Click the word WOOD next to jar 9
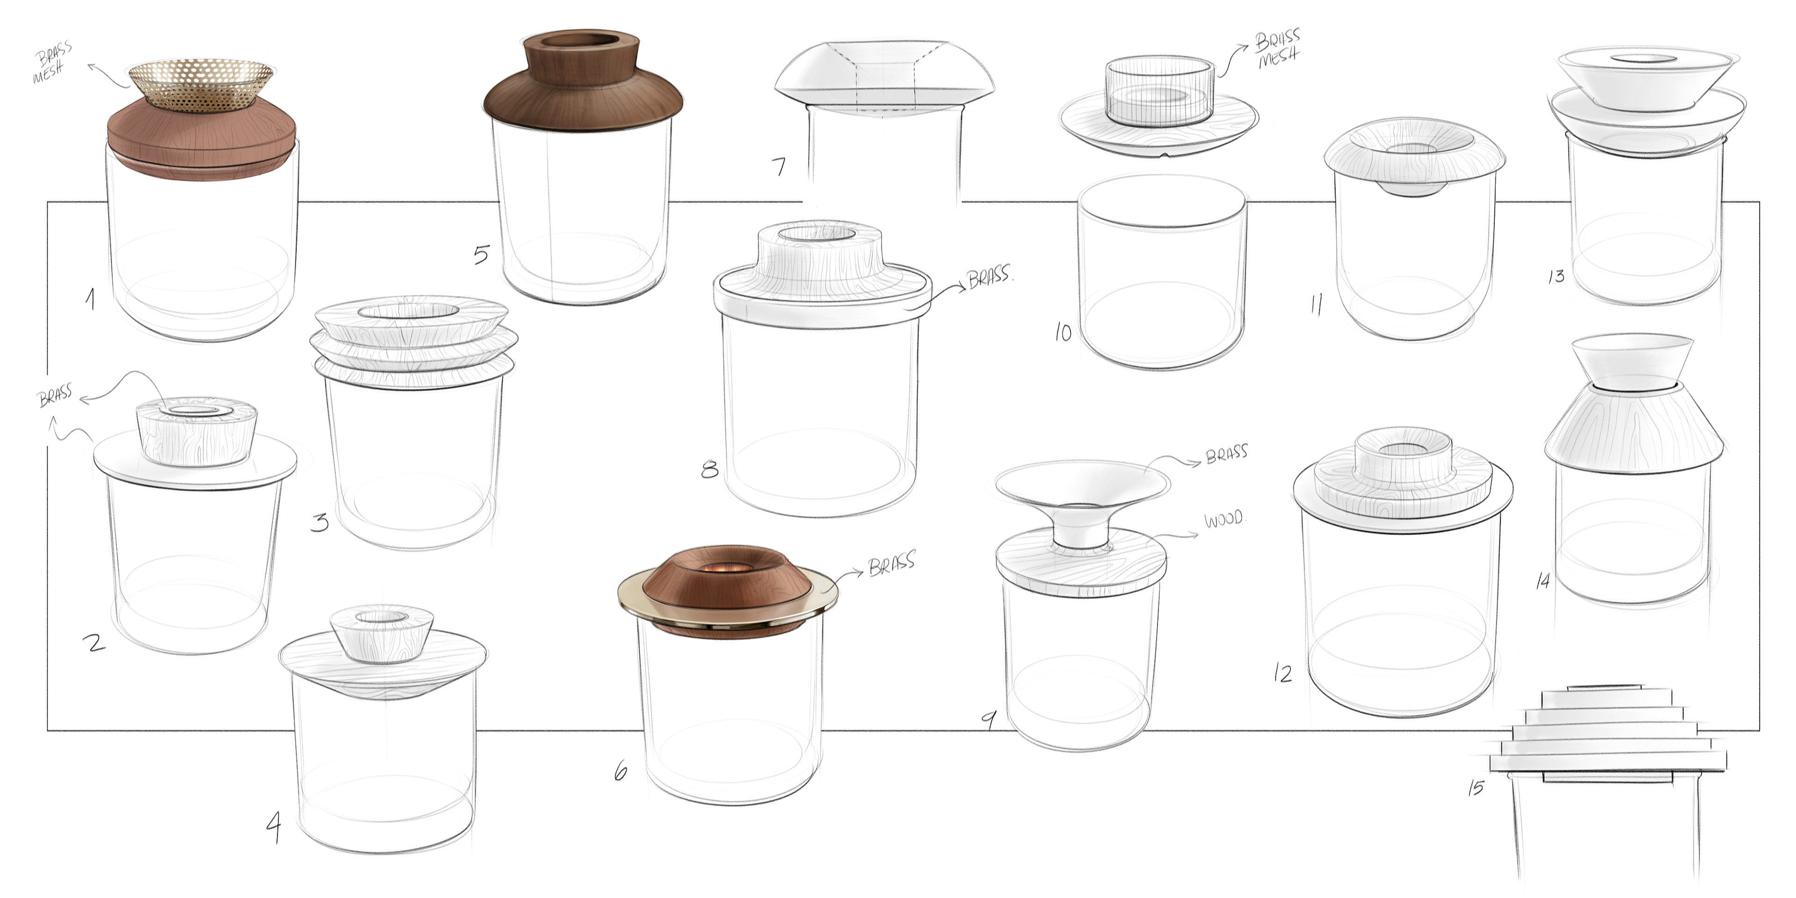click(x=1224, y=520)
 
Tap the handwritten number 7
click(x=779, y=167)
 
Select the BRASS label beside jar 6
click(x=892, y=563)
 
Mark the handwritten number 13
click(x=1556, y=277)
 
